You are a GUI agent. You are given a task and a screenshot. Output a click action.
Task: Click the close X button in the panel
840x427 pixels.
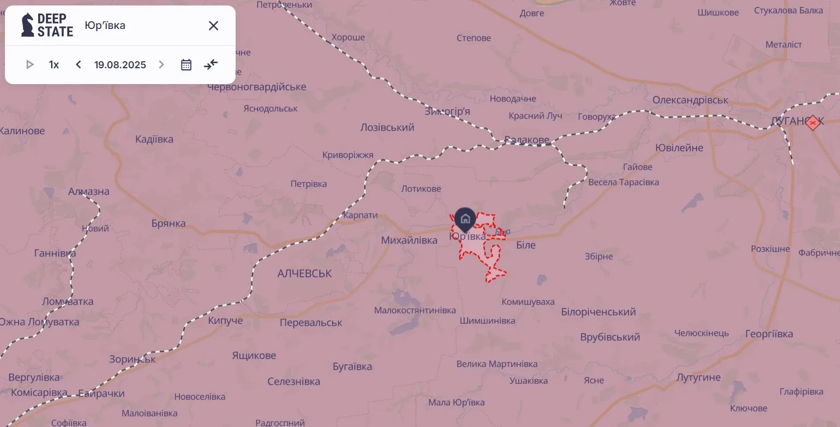213,26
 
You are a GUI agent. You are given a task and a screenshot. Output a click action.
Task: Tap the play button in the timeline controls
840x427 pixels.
30,64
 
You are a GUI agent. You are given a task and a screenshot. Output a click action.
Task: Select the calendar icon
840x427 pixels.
186,64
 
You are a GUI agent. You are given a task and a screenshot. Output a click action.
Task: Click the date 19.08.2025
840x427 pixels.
120,64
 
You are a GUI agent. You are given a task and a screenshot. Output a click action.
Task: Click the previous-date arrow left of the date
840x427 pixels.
79,64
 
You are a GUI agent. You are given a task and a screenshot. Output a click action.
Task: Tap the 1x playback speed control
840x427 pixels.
54,64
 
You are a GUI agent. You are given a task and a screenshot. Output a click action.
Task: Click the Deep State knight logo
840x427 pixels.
28,25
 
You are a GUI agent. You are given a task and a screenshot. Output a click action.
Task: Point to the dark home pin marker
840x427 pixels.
465,219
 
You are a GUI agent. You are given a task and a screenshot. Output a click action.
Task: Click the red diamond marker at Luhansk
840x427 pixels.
813,122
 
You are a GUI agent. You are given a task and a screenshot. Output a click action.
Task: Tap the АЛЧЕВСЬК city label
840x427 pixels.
304,273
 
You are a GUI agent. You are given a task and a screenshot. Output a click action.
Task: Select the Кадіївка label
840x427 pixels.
154,139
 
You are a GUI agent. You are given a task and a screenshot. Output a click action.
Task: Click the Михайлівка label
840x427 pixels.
409,240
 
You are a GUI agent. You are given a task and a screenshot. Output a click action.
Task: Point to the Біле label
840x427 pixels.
526,245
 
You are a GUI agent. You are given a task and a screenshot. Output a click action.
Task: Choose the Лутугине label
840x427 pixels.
698,377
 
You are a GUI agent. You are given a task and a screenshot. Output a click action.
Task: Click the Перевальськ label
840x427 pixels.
311,323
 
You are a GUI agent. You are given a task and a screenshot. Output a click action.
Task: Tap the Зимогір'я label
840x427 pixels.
447,111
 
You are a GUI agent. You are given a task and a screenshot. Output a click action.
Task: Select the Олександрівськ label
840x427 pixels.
691,100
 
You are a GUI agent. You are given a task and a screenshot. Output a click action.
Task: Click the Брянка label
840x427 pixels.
169,223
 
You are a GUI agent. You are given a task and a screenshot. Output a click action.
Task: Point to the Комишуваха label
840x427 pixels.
528,301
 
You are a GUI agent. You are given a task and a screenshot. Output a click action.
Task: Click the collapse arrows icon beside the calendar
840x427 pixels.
211,64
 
